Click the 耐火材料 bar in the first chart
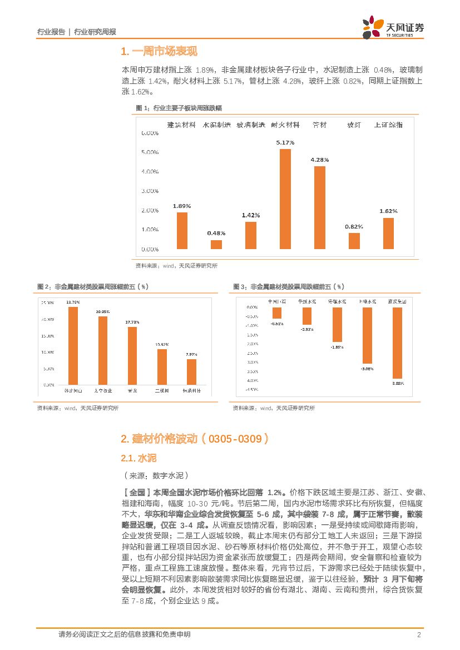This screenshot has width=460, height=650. click(285, 199)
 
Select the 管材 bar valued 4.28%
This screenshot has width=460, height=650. click(320, 207)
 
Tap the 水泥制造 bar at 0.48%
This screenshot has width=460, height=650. click(216, 244)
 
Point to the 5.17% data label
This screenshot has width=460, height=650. click(285, 143)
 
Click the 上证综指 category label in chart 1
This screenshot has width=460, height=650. click(388, 125)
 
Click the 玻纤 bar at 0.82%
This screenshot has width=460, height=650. click(354, 241)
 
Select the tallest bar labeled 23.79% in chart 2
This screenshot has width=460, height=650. click(73, 345)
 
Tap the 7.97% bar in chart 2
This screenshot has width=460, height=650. click(191, 371)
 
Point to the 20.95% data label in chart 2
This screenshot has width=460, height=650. click(102, 312)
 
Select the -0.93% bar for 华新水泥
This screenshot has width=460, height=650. click(306, 316)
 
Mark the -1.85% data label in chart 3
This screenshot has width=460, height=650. click(338, 347)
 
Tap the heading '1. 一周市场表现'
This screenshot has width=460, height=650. click(159, 52)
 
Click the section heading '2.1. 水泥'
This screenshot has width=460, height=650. click(139, 458)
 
